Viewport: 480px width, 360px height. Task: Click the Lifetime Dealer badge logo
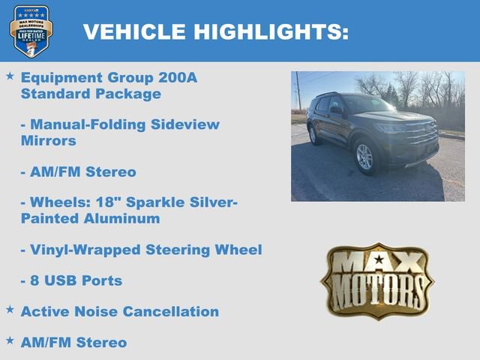point(31,31)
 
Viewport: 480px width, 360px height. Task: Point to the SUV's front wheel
point(364,157)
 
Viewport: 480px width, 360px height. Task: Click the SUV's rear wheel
point(313,134)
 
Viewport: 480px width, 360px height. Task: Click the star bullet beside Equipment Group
point(10,76)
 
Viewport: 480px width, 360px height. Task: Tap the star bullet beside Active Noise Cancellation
point(10,309)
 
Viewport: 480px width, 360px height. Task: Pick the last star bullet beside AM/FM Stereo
point(10,340)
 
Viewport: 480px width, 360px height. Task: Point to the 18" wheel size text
point(87,202)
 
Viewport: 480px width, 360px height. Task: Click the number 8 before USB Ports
point(34,280)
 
